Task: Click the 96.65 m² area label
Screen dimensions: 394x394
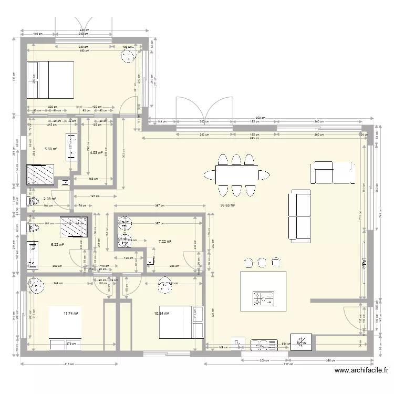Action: point(227,205)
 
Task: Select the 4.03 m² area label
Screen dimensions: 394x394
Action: point(96,153)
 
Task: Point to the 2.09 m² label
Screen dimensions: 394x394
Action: point(50,199)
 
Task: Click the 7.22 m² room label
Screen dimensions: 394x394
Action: point(164,242)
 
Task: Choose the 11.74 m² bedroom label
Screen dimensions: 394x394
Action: point(70,314)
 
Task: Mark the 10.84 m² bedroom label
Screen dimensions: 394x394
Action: point(161,314)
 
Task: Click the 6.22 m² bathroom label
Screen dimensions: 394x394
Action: point(57,244)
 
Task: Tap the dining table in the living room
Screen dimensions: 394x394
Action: point(236,174)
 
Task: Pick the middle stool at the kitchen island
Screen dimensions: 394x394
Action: point(262,261)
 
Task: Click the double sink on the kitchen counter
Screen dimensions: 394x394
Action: point(264,345)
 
